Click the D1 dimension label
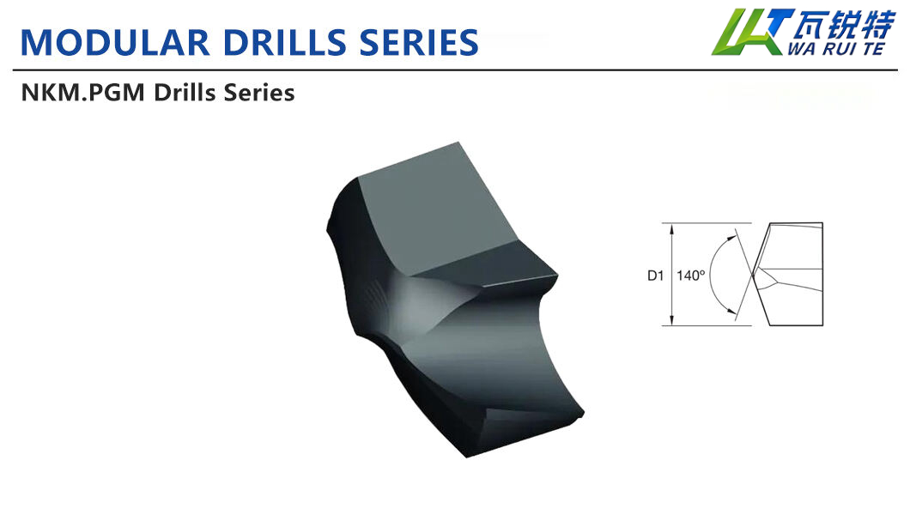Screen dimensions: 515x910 point(656,276)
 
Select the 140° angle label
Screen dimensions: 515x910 point(690,276)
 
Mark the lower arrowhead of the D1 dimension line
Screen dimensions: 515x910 point(671,323)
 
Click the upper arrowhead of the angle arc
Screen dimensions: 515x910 point(732,233)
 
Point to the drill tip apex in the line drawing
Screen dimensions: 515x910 point(753,276)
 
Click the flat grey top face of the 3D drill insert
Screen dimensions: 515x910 point(429,215)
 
